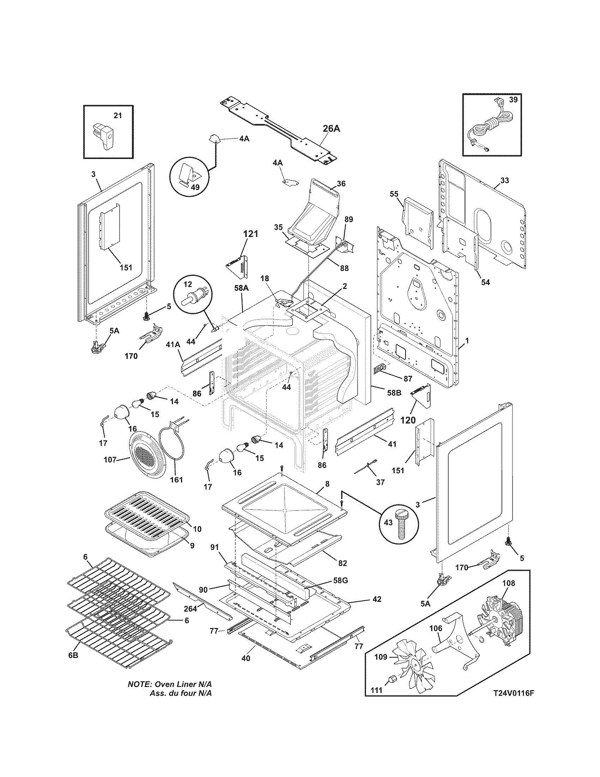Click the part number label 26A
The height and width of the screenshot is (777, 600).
coord(331,129)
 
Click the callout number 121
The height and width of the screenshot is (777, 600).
coord(251,234)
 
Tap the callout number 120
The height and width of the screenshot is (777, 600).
coord(408,420)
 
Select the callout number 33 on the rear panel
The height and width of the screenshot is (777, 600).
coord(504,180)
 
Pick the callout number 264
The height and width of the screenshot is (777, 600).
coord(190,609)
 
